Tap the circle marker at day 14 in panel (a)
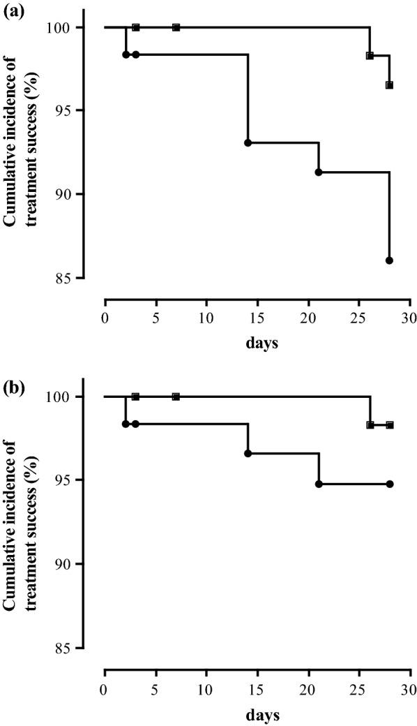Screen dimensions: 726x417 [x=248, y=142]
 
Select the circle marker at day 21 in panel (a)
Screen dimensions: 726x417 [x=319, y=172]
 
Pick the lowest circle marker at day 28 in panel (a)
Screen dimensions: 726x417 [x=389, y=260]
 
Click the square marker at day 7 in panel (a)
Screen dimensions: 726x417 [x=176, y=27]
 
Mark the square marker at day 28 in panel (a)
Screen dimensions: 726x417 [x=389, y=85]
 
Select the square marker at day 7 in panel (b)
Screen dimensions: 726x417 [x=176, y=397]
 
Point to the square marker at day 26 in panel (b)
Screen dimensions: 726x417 [x=370, y=424]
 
